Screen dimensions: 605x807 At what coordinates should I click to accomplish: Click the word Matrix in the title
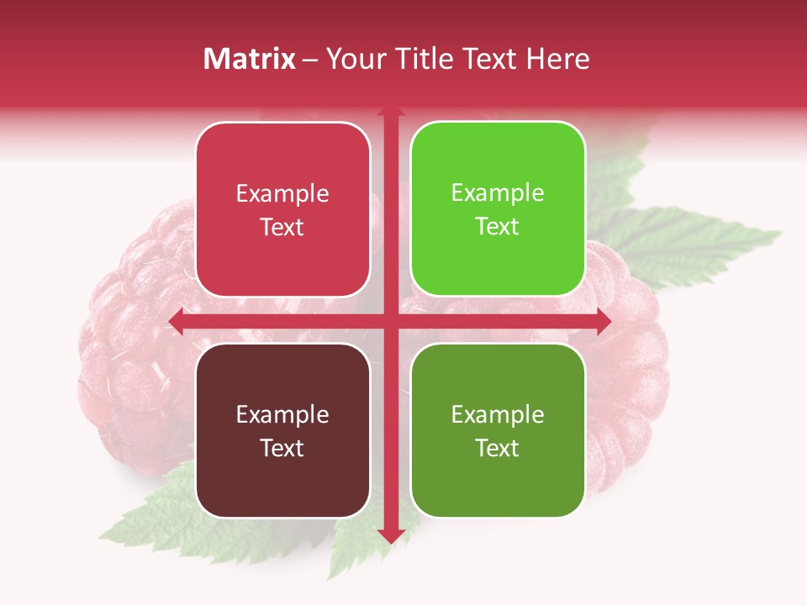click(x=250, y=59)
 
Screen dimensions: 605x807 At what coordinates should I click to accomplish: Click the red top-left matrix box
click(x=282, y=209)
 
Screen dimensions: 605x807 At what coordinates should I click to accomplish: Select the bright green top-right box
click(x=498, y=209)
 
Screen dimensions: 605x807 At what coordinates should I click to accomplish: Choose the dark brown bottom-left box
click(x=282, y=430)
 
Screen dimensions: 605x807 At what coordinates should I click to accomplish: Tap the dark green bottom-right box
click(x=498, y=430)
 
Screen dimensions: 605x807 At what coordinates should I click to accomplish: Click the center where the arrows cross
click(x=390, y=320)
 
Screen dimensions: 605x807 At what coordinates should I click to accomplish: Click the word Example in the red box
click(x=282, y=194)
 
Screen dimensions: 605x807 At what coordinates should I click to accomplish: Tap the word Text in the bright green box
click(x=498, y=227)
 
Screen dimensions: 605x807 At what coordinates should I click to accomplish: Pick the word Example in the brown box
click(x=282, y=414)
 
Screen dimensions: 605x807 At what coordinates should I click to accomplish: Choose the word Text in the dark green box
click(x=498, y=448)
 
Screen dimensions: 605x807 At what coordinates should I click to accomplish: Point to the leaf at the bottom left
click(x=156, y=513)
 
